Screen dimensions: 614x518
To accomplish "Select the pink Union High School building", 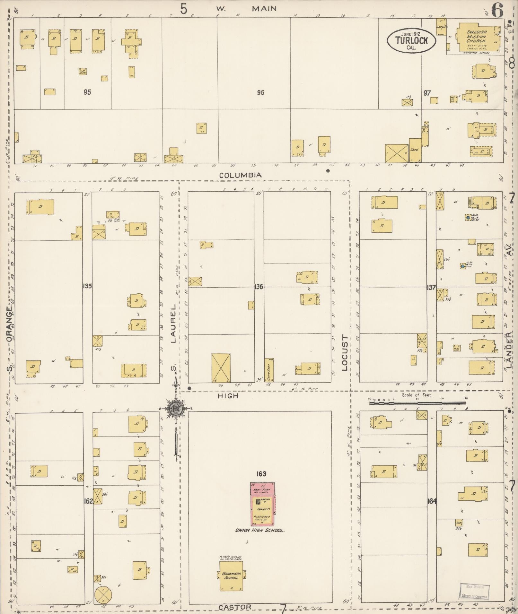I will (x=262, y=503).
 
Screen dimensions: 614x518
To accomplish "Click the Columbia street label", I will (x=241, y=175).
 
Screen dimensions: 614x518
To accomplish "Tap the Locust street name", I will (x=345, y=353).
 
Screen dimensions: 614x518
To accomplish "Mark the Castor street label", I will (x=235, y=607).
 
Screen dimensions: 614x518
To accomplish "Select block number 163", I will (x=261, y=474).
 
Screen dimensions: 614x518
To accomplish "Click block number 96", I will (x=260, y=93).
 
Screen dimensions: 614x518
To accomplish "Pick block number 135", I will (x=87, y=286).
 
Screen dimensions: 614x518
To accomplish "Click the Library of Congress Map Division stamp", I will (x=475, y=591).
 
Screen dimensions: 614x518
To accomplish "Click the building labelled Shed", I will (x=415, y=150).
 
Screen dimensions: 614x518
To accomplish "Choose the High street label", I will (x=228, y=396).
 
